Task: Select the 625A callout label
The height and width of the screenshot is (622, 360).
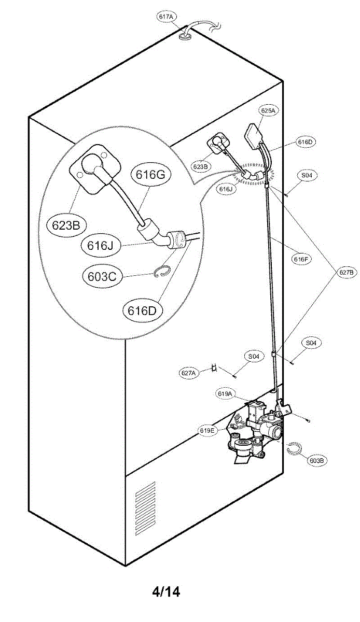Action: pyautogui.click(x=268, y=110)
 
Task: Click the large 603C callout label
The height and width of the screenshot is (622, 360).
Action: pyautogui.click(x=101, y=276)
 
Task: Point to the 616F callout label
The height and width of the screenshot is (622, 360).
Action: pyautogui.click(x=301, y=260)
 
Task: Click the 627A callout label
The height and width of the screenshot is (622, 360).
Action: pyautogui.click(x=189, y=372)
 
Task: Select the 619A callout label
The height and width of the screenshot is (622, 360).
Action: pyautogui.click(x=225, y=394)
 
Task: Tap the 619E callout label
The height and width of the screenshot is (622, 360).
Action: pyautogui.click(x=206, y=430)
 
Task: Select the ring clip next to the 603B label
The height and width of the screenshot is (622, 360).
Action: pyautogui.click(x=294, y=448)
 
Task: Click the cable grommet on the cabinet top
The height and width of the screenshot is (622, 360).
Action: pyautogui.click(x=185, y=36)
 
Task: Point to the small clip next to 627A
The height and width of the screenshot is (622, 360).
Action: pyautogui.click(x=213, y=369)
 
